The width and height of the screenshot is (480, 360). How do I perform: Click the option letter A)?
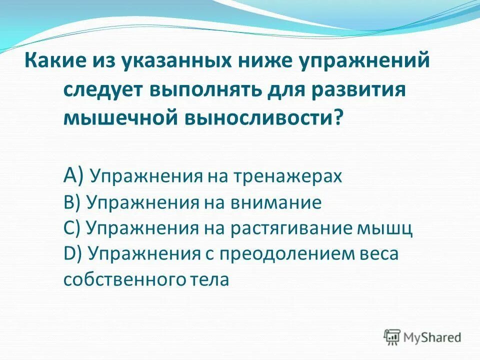tap(75, 176)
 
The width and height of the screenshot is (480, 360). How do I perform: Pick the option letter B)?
tap(73, 203)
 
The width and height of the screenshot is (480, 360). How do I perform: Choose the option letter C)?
tap(73, 228)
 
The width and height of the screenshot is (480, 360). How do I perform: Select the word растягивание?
tap(290, 228)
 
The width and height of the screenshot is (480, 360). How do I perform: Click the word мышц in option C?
tap(384, 228)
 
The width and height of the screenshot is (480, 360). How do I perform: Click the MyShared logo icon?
tap(392, 336)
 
